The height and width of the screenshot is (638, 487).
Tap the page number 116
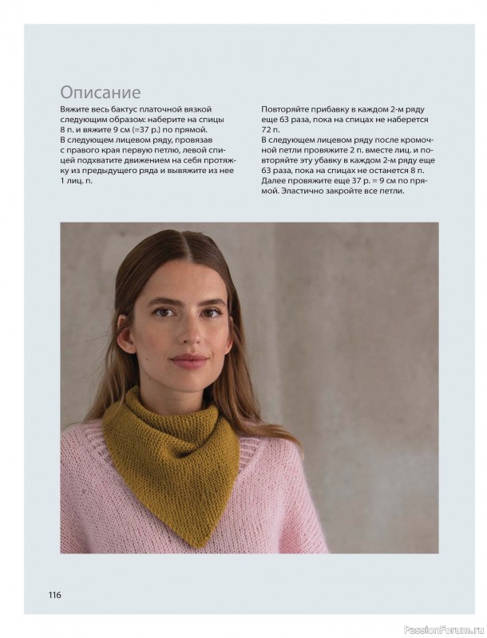(54, 594)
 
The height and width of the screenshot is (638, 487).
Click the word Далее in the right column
(274, 181)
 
